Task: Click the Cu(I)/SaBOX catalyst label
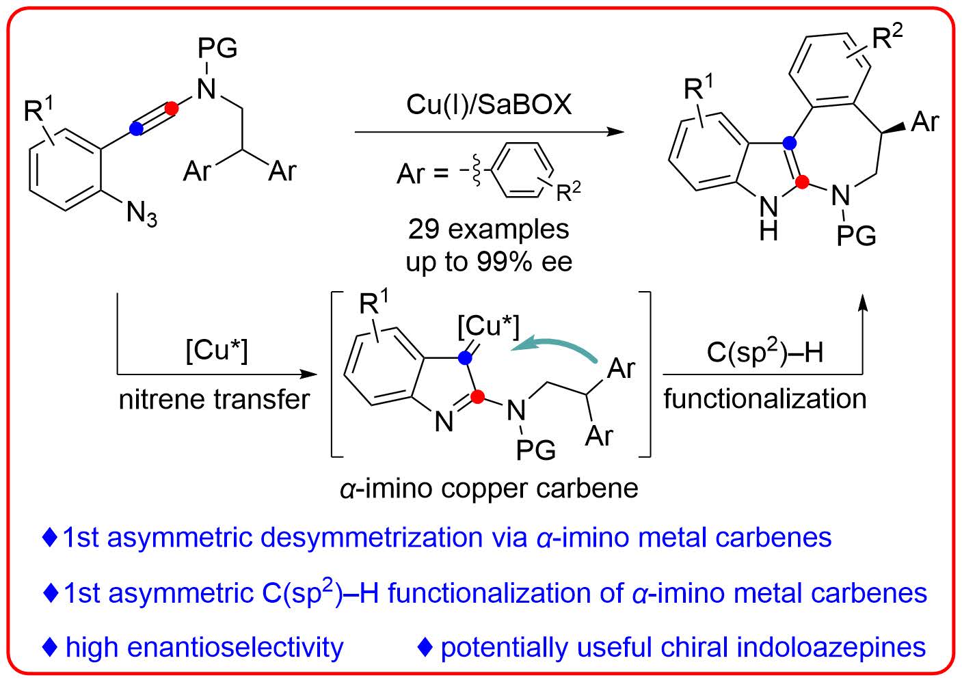click(489, 105)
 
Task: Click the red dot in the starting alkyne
click(172, 108)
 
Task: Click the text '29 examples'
click(489, 229)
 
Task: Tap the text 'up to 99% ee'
click(489, 262)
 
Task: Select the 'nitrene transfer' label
click(214, 399)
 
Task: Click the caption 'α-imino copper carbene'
click(489, 488)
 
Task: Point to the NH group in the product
click(769, 219)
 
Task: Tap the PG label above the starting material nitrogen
click(217, 48)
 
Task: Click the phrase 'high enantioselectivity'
click(204, 647)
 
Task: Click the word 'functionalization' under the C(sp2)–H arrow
click(764, 398)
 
